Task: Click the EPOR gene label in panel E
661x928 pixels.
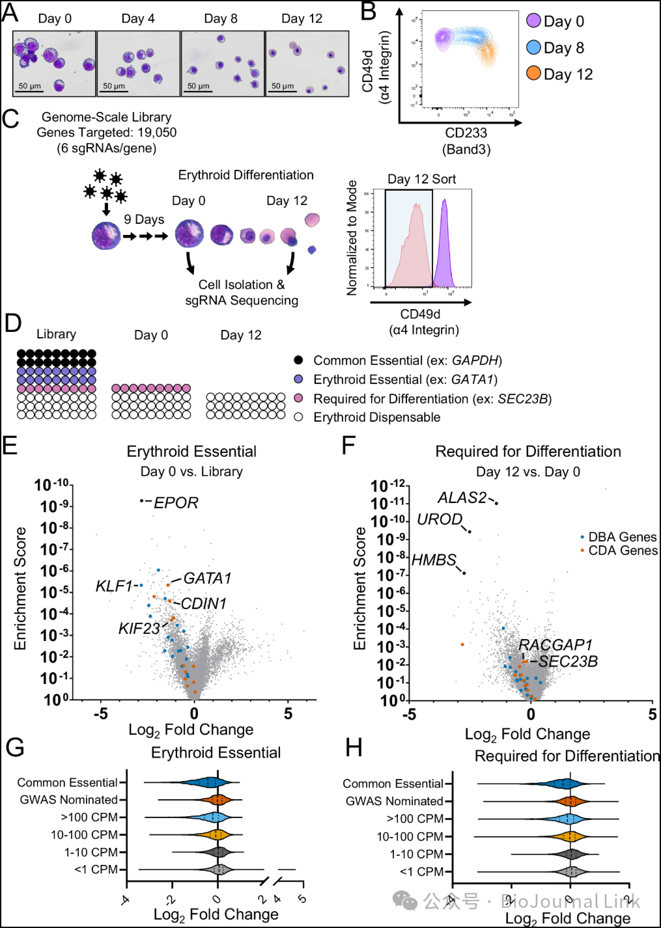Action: pos(176,502)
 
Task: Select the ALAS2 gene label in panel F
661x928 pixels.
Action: pos(462,498)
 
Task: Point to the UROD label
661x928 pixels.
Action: pos(440,519)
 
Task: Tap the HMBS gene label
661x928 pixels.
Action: pos(434,560)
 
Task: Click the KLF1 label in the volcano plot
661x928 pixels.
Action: pos(114,586)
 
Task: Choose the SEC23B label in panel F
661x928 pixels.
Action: pos(568,662)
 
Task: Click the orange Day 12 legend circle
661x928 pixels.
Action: pos(533,74)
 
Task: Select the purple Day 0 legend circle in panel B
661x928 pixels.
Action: pos(533,21)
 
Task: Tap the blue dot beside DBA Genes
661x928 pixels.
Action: pos(582,537)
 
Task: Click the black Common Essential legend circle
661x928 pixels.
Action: pos(298,360)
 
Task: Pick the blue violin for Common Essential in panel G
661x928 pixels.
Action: pos(208,783)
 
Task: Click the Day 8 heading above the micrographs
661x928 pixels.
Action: pos(221,19)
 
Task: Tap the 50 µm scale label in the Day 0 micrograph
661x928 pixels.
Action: pos(29,86)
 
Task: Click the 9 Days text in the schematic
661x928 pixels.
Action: pos(144,219)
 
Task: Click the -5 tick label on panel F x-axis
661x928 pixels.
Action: pos(409,715)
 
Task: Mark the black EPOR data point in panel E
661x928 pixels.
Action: pos(141,500)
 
